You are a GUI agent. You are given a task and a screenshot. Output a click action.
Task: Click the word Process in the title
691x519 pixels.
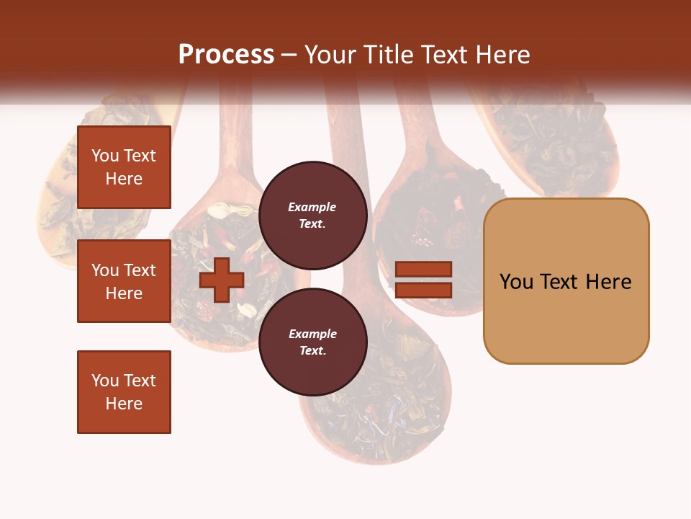[226, 55]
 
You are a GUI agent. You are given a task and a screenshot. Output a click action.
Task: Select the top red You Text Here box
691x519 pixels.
[124, 167]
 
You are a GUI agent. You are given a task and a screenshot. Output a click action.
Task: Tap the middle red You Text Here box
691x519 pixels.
[124, 281]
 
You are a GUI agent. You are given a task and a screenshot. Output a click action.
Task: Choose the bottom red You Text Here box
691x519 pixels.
[124, 391]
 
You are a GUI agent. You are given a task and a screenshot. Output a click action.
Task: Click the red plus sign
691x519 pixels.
[221, 280]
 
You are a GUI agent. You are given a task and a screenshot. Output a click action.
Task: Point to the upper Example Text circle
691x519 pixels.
[312, 215]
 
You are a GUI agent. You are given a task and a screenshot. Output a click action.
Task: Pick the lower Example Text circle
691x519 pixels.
[312, 342]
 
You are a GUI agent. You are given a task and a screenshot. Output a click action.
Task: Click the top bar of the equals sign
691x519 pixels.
[423, 269]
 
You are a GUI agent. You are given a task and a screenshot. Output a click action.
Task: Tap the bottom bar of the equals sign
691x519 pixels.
[423, 290]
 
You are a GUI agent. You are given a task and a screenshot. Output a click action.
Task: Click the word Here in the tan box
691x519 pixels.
[609, 282]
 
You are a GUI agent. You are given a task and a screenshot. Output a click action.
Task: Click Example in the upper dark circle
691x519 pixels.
[312, 207]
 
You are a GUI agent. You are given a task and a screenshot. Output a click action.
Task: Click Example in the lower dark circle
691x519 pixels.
[312, 334]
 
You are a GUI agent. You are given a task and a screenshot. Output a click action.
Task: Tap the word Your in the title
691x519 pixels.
[330, 55]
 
